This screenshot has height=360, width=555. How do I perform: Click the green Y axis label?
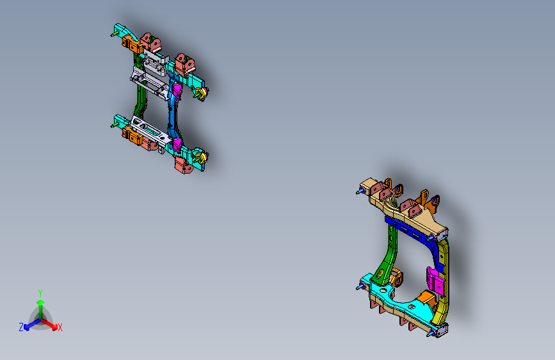tap(40, 292)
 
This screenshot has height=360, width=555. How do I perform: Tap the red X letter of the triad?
tap(60, 328)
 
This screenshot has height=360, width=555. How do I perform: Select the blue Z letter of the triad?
tap(21, 327)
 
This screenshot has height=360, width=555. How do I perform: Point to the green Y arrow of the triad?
tap(40, 304)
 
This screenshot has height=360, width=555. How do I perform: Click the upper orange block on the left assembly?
tap(132, 45)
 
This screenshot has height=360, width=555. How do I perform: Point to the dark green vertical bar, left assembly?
tap(140, 101)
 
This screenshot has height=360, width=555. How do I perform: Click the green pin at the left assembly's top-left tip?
tap(113, 33)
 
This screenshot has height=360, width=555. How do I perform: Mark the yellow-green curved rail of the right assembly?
tap(445, 282)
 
